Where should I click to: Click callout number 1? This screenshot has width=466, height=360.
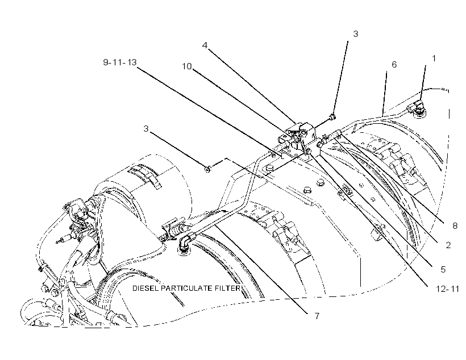[434, 58]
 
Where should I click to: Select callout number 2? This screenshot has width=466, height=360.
[448, 245]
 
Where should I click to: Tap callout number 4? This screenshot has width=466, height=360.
[205, 45]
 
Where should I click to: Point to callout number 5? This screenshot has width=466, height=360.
[443, 269]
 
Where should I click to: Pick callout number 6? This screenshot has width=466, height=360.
[394, 65]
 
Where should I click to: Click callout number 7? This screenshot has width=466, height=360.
[317, 316]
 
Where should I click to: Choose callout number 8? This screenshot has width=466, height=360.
[455, 226]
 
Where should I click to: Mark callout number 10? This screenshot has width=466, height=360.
[187, 66]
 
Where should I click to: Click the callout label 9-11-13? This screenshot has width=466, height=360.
[120, 62]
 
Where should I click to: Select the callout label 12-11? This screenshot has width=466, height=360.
[447, 288]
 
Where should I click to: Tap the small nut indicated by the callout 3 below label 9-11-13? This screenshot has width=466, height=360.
[208, 169]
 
